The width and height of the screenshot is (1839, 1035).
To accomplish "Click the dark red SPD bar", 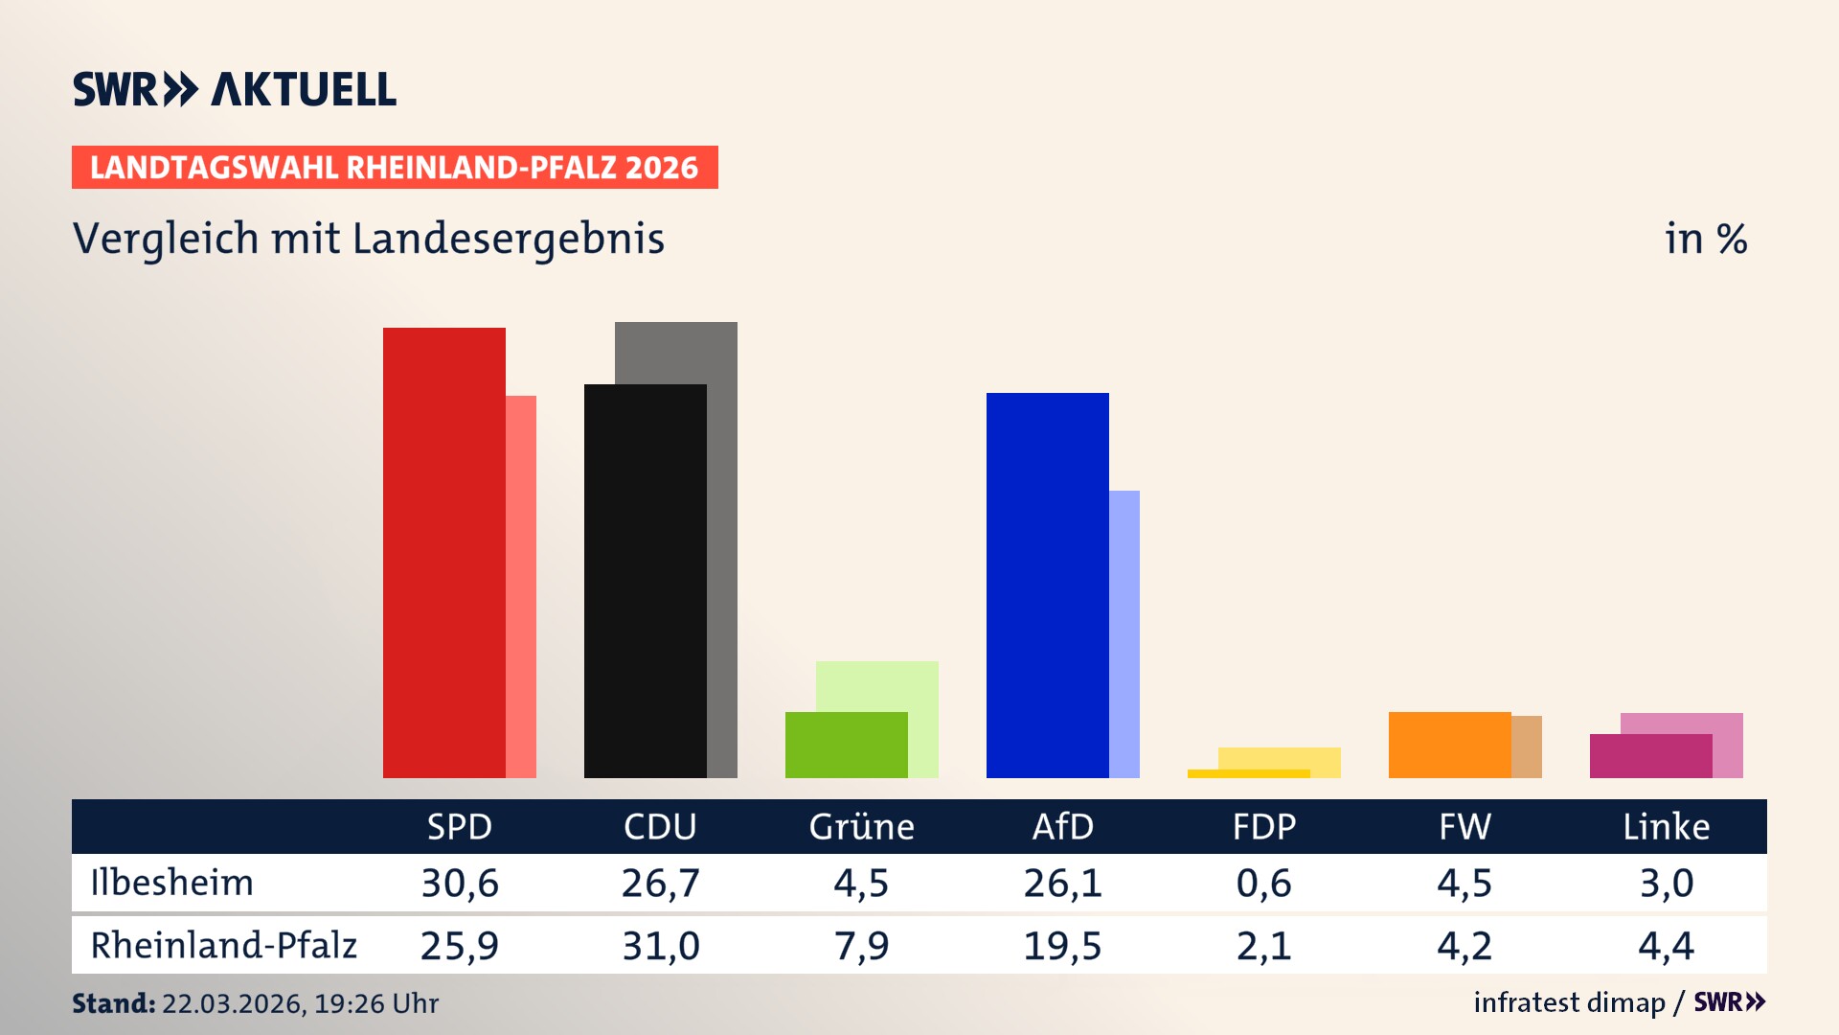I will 443,552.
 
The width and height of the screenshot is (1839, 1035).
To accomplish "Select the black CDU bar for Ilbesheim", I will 645,581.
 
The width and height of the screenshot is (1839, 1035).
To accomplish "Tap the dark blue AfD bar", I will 1047,585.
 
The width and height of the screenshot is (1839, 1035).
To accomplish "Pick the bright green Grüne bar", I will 846,745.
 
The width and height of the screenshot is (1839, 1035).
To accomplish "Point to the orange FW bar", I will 1449,745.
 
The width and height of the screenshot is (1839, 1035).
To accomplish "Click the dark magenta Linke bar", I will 1650,756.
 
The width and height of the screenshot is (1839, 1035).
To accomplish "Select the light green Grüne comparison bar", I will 877,685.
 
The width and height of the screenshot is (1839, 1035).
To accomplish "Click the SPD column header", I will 460,826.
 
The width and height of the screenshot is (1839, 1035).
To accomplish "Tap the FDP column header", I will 1264,826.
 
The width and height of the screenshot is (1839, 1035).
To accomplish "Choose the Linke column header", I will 1666,826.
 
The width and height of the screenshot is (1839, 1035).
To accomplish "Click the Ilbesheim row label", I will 172,883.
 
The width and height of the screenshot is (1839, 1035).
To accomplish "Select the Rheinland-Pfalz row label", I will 223,945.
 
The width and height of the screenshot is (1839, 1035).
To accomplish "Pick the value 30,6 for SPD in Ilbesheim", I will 460,883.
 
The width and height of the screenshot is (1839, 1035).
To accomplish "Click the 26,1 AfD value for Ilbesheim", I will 1062,883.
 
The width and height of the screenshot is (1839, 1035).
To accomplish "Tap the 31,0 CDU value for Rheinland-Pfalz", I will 661,946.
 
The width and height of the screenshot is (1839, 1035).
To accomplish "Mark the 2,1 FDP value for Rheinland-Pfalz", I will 1263,946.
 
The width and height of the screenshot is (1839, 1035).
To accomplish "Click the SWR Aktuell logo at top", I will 235,89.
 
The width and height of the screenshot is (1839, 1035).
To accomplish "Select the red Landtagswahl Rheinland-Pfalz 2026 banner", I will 395,168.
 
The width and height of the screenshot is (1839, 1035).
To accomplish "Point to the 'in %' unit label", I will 1705,239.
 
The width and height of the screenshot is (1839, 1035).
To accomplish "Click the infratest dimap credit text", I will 1569,1002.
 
